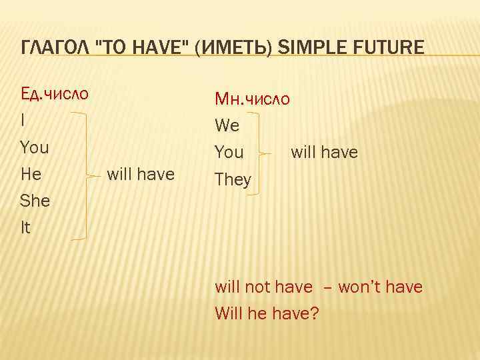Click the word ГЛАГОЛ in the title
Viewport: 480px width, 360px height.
pos(55,48)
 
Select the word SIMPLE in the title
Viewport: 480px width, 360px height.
pos(303,48)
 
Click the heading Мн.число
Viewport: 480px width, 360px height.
pos(252,99)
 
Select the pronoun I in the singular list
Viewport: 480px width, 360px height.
pos(23,120)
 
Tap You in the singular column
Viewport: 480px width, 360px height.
pos(35,147)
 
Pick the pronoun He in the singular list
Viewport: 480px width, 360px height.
pos(31,174)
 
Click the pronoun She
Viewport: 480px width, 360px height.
pos(35,201)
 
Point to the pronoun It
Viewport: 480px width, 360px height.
pos(26,228)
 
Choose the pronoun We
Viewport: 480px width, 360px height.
pos(227,126)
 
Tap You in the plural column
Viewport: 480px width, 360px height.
pos(229,153)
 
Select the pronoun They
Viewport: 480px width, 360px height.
pos(233,180)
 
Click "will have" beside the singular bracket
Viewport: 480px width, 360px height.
pos(141,174)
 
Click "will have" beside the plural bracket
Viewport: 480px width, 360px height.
pos(324,153)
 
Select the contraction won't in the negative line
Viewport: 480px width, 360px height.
pos(359,287)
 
